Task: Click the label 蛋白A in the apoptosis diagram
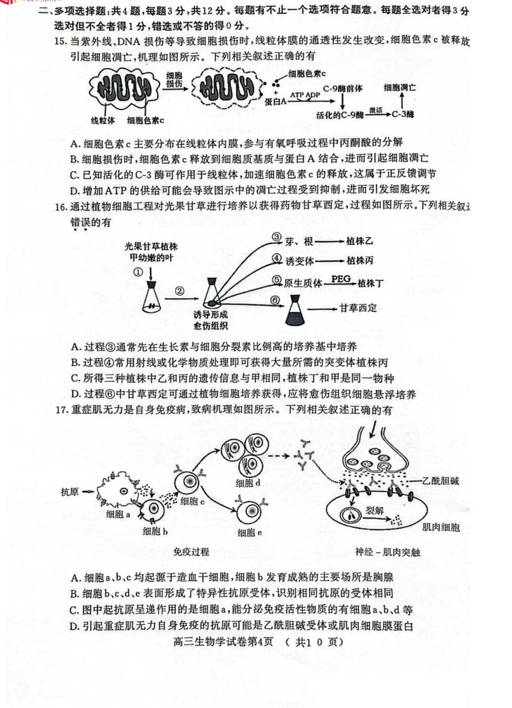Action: (x=275, y=102)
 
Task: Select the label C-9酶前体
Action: (x=342, y=89)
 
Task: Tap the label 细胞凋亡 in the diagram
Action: (x=399, y=88)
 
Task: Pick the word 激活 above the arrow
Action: (x=375, y=110)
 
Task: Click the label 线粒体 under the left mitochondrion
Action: (x=103, y=120)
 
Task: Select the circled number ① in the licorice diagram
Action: (x=138, y=272)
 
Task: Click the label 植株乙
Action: (x=359, y=241)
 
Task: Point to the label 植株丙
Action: (x=360, y=261)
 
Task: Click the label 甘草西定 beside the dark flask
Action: (x=358, y=308)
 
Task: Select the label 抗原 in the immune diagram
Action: (x=70, y=492)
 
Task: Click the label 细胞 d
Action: (x=248, y=483)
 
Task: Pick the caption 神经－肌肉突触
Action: (x=388, y=552)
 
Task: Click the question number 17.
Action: (x=62, y=410)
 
